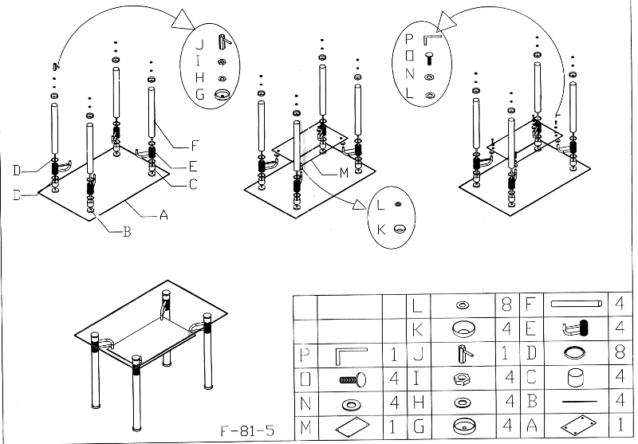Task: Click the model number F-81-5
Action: coord(246,430)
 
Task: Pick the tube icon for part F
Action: coord(575,304)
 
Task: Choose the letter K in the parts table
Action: coord(416,328)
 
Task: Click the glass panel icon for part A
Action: coord(575,426)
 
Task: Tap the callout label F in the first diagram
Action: coord(193,146)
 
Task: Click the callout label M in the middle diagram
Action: coord(342,171)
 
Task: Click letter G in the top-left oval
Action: coord(199,94)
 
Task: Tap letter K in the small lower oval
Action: coord(380,229)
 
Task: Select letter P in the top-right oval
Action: coord(409,38)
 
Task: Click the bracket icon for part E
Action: coord(575,328)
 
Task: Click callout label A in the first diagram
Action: coord(164,214)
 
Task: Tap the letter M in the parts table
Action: coord(304,427)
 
